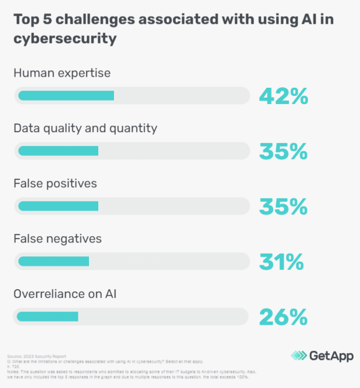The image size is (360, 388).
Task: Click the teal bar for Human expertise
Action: [x=66, y=95]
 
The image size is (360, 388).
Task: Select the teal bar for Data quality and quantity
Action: [x=58, y=151]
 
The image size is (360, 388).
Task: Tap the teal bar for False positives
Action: [x=58, y=206]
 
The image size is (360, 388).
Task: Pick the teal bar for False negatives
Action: [x=54, y=261]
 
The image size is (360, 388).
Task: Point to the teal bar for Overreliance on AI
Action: [x=48, y=316]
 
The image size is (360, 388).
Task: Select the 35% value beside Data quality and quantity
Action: [x=283, y=151]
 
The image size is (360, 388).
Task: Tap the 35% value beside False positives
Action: [x=283, y=207]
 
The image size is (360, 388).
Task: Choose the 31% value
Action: [x=281, y=262]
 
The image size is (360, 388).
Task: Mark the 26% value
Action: [x=283, y=317]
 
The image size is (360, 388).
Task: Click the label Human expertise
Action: [x=62, y=73]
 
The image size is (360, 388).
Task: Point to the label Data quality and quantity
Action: [x=85, y=128]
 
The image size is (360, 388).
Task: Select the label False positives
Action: [x=55, y=183]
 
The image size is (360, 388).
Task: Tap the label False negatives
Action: [x=58, y=239]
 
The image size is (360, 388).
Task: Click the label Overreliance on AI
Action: [x=66, y=294]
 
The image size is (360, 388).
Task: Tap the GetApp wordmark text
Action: [x=330, y=355]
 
